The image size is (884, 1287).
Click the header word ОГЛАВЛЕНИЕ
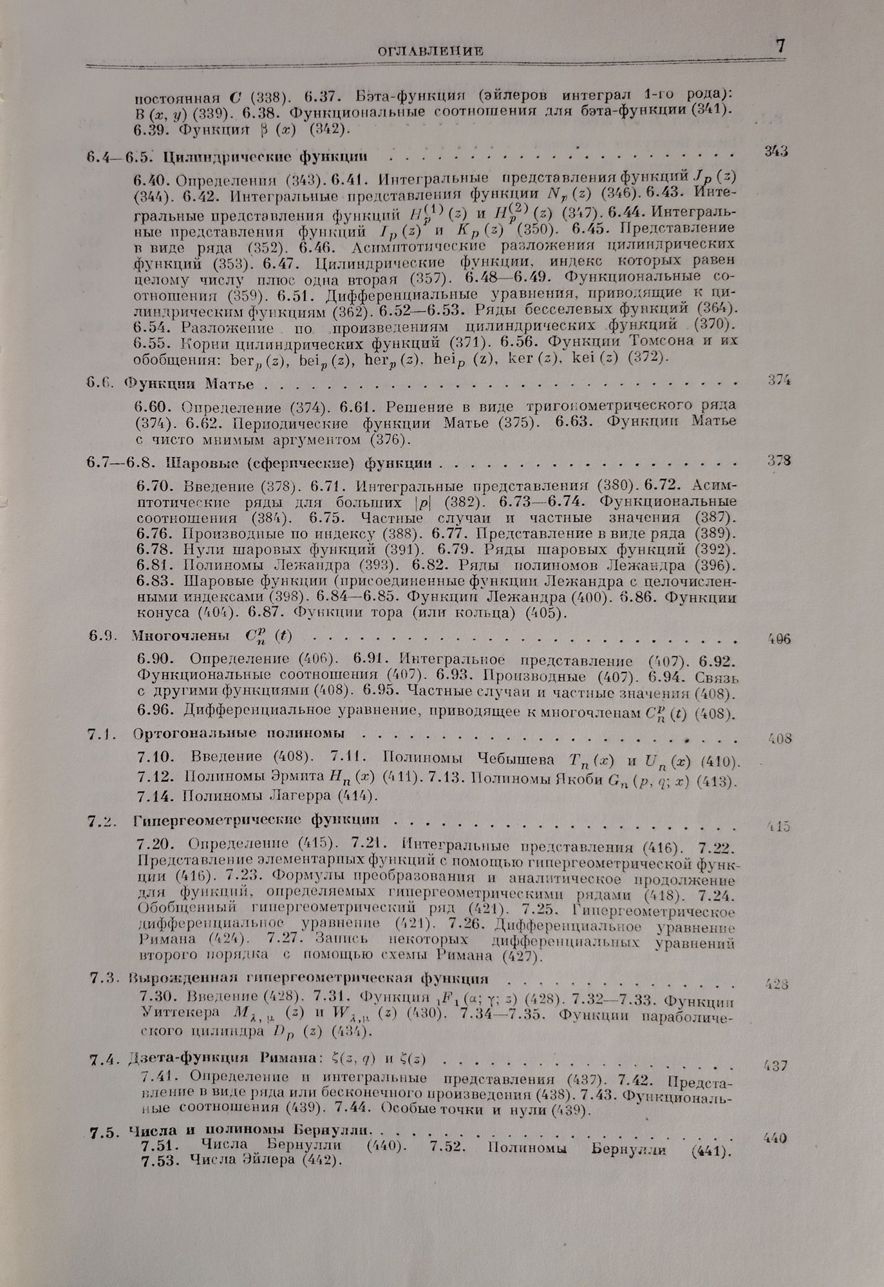click(431, 51)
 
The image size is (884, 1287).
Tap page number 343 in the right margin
click(776, 151)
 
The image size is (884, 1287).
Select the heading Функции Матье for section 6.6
click(189, 384)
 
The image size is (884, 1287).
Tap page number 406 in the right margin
click(779, 639)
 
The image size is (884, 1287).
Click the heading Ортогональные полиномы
click(239, 733)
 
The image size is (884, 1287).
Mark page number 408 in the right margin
click(779, 739)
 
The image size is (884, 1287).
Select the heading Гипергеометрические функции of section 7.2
click(256, 820)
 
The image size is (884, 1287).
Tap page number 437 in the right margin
click(775, 1066)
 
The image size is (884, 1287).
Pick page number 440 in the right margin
click(775, 1138)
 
